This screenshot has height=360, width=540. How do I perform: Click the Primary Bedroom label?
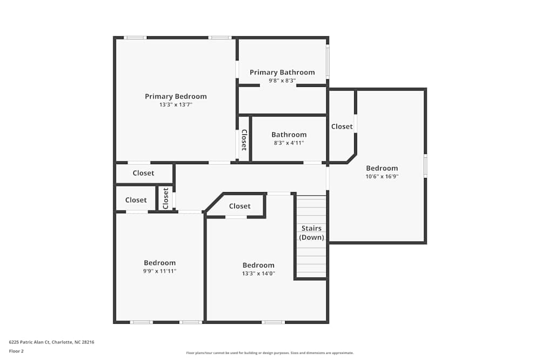click(175, 97)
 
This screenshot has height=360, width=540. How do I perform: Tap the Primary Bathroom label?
click(282, 72)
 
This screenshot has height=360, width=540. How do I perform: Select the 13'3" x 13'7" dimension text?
click(175, 105)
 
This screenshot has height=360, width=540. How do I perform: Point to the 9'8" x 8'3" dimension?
click(282, 80)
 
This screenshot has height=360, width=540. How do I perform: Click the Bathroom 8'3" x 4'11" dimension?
click(289, 143)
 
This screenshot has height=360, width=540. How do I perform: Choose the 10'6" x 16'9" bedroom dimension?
click(382, 176)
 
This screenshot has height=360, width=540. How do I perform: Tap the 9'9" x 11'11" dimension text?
click(159, 271)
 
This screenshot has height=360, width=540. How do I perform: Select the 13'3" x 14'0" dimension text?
click(258, 273)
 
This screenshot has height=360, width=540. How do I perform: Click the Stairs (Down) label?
click(312, 233)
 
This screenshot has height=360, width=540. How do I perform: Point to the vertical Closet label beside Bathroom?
click(244, 140)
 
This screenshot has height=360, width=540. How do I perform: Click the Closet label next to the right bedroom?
click(342, 126)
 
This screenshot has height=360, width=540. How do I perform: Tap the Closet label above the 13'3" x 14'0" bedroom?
click(240, 206)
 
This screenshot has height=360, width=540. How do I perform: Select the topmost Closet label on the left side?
click(143, 173)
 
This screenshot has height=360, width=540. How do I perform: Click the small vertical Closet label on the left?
click(166, 198)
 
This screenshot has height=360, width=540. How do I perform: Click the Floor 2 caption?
click(16, 351)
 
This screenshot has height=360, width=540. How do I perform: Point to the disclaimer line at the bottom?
click(270, 352)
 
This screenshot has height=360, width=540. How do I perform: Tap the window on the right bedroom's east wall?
click(426, 166)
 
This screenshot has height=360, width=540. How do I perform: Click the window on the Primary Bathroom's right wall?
click(327, 61)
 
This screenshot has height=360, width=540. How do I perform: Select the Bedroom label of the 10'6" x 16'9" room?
click(382, 168)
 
